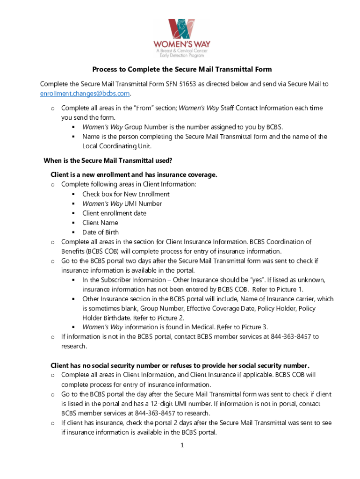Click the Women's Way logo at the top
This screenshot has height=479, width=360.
[x=181, y=38]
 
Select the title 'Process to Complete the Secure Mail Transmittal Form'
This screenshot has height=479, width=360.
[x=182, y=70]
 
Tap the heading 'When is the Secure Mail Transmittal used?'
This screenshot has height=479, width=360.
[x=108, y=160]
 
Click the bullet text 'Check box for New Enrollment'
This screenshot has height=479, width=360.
[x=126, y=194]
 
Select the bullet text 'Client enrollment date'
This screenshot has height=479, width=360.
[x=114, y=213]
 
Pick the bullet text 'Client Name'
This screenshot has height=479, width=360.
[x=100, y=223]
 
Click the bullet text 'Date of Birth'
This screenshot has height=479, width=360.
[x=101, y=232]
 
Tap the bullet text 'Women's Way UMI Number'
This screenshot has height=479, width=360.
[x=122, y=203]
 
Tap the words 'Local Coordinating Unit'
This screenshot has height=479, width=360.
[x=117, y=146]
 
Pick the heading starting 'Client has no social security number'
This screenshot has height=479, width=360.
[x=180, y=365]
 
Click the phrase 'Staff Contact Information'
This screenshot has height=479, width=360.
[x=262, y=108]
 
